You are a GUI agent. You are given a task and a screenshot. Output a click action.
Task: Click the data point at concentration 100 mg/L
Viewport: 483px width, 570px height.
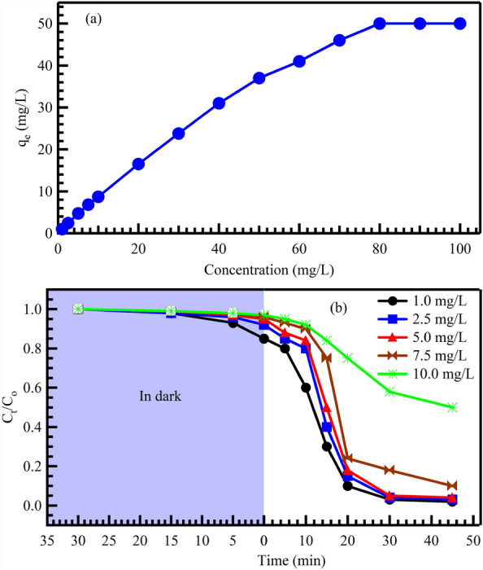click(x=460, y=24)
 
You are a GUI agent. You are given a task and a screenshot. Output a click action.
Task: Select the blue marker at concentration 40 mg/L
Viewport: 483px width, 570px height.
click(x=219, y=103)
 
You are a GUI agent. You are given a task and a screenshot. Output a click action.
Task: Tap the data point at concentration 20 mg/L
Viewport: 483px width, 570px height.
click(x=138, y=164)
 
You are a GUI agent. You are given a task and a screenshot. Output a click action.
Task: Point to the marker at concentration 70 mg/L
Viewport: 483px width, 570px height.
click(x=339, y=40)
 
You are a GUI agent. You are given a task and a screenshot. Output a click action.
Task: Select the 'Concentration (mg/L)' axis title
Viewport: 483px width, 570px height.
click(x=259, y=267)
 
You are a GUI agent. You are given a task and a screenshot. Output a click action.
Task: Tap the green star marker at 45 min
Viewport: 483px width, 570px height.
click(x=453, y=407)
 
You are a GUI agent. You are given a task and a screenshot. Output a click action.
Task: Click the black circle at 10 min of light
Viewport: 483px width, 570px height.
click(x=306, y=388)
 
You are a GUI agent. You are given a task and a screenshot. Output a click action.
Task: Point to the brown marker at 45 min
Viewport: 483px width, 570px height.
click(x=453, y=485)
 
